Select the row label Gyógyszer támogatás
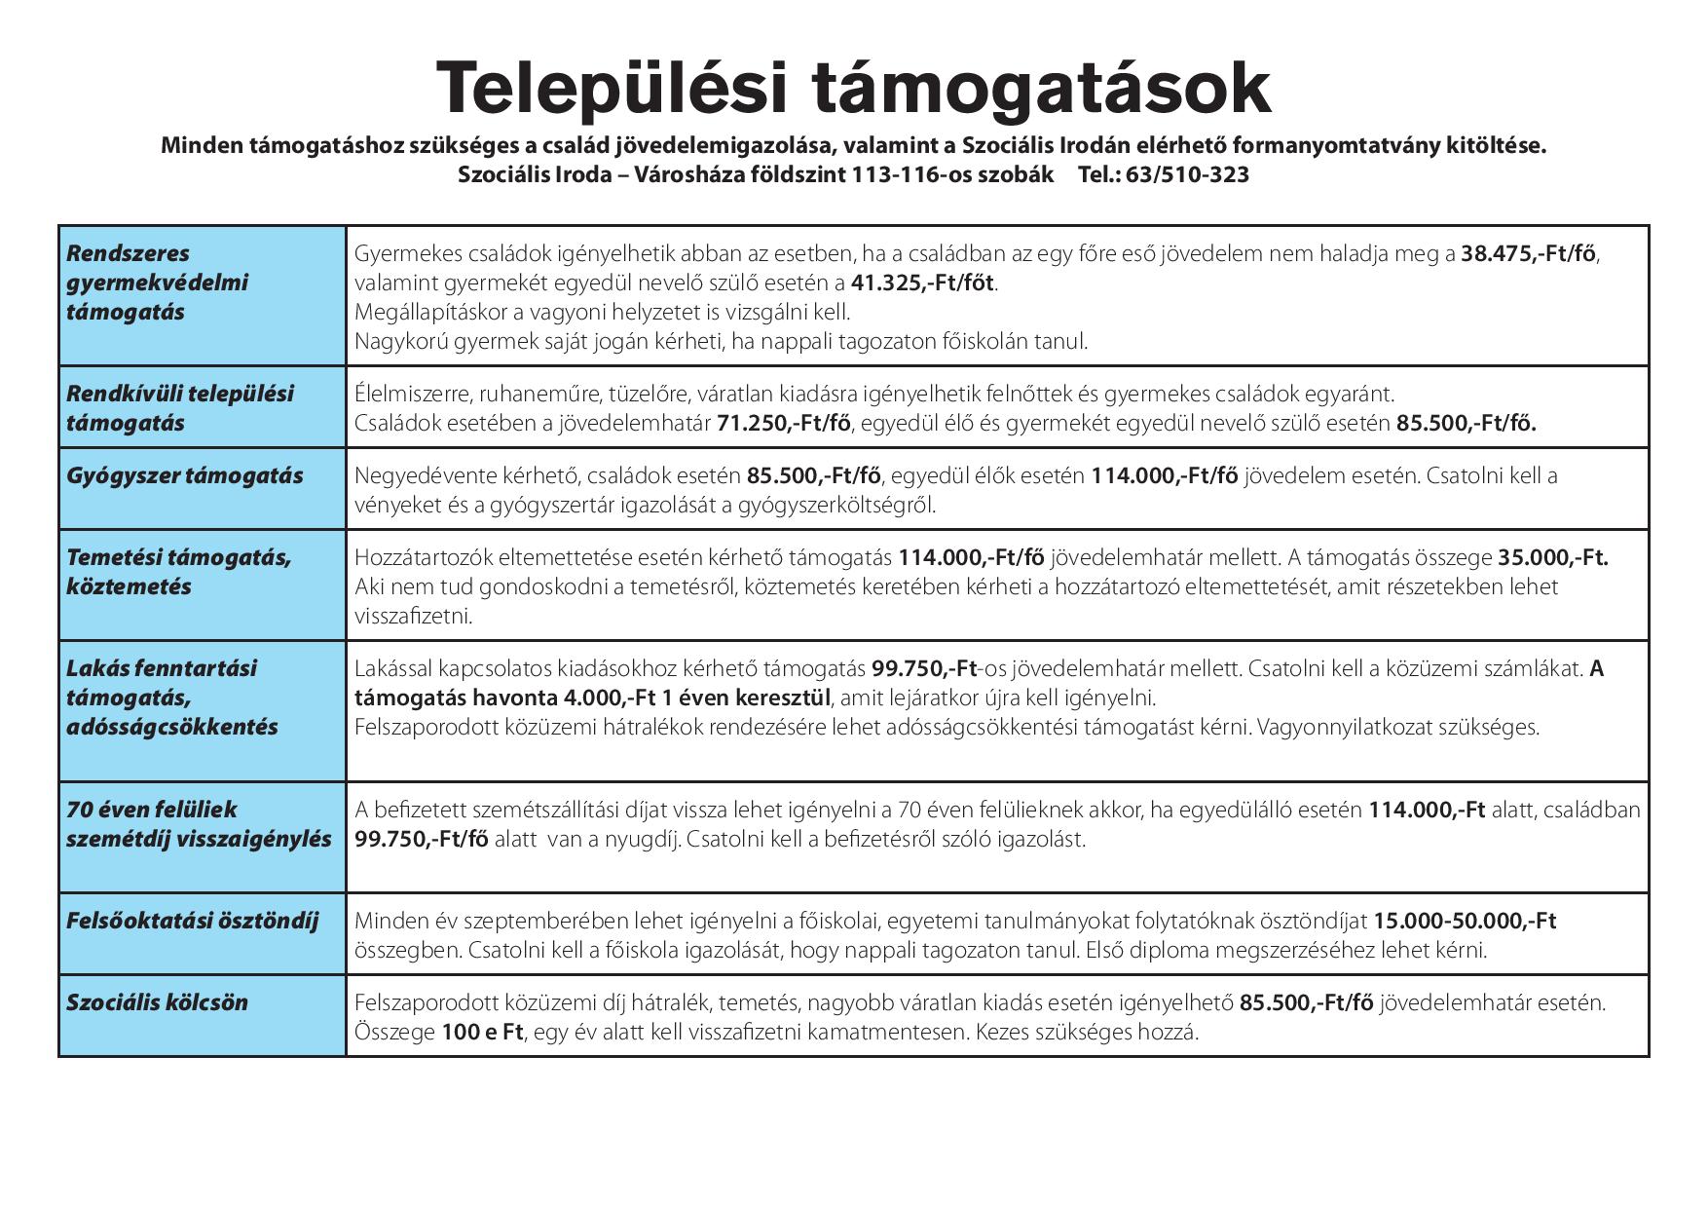pos(184,476)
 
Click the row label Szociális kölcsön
pos(157,1003)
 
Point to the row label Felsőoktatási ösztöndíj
pos(192,922)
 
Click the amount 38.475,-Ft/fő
pos(1528,254)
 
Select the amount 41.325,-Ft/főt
pos(923,283)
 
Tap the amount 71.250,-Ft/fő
pos(784,424)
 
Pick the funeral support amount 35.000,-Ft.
pos(1552,558)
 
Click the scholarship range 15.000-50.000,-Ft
pos(1465,922)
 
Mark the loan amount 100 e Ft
pos(483,1033)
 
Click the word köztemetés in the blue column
pos(129,587)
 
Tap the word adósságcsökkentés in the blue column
pos(171,728)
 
